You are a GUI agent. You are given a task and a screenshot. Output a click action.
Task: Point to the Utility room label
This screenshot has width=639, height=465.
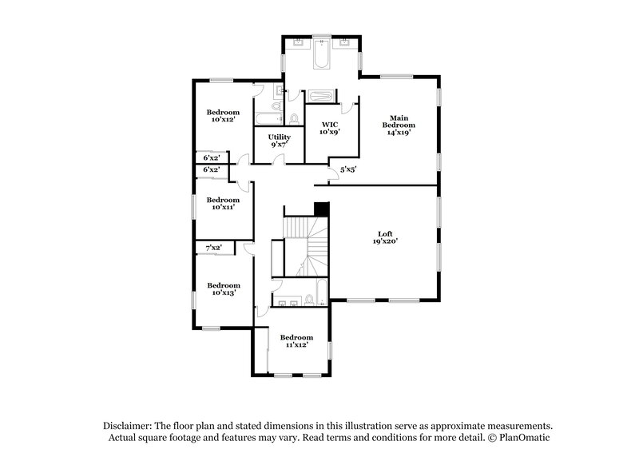coord(279,137)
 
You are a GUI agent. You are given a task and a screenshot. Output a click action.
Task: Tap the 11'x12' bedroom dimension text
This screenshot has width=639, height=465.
coord(296,344)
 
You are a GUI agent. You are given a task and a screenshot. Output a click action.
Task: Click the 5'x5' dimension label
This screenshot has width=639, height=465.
coord(348,169)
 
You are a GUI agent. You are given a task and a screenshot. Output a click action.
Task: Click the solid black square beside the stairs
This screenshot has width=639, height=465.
coord(321,209)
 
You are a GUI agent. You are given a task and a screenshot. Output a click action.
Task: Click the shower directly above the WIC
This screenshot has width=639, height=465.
coord(323,95)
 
